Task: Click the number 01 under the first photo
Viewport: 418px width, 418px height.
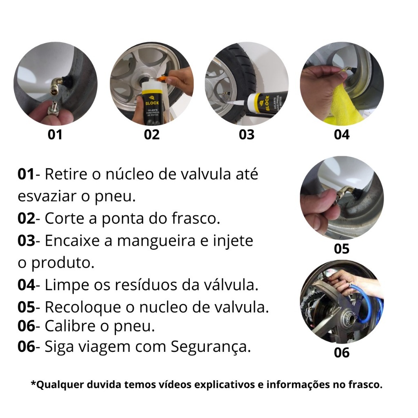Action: pyautogui.click(x=55, y=135)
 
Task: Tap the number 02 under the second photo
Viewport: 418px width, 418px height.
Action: pyautogui.click(x=152, y=135)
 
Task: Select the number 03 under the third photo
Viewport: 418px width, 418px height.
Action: pyautogui.click(x=247, y=135)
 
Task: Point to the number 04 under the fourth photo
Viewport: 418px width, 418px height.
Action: pyautogui.click(x=342, y=135)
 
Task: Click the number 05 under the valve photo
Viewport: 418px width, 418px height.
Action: pyautogui.click(x=342, y=249)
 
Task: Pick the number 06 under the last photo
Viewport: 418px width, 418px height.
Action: pyautogui.click(x=342, y=352)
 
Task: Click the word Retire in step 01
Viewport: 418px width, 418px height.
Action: pyautogui.click(x=66, y=174)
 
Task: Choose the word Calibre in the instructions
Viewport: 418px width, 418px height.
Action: pyautogui.click(x=70, y=326)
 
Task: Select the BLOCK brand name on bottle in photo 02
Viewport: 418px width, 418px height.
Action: pyautogui.click(x=152, y=103)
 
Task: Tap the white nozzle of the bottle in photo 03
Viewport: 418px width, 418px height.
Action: pyautogui.click(x=236, y=102)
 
